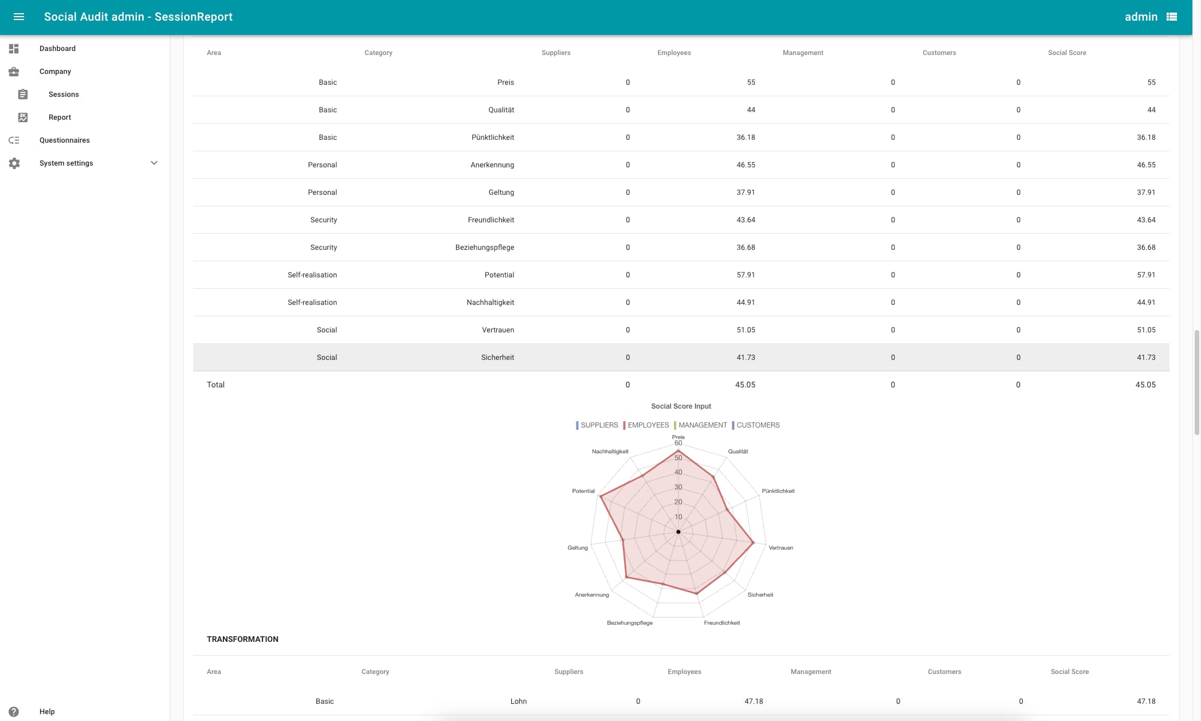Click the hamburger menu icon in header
(x=19, y=17)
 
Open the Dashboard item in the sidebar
(x=57, y=49)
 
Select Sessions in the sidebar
(x=64, y=95)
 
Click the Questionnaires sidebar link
(x=64, y=140)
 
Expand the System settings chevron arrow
(x=154, y=163)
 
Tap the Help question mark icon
(x=14, y=711)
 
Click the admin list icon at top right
(x=1172, y=17)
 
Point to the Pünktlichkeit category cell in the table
(x=492, y=138)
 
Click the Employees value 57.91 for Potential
(x=745, y=275)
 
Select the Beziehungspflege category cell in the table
(x=484, y=248)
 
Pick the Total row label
(x=215, y=385)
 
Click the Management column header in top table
(x=803, y=53)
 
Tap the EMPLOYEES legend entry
(x=647, y=425)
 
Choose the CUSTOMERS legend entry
(x=758, y=425)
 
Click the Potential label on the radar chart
(x=583, y=491)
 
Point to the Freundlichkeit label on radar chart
(x=721, y=623)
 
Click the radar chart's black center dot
(x=678, y=532)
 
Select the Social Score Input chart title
(x=681, y=406)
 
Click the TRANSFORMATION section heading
(x=242, y=639)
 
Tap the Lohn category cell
(x=518, y=702)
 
